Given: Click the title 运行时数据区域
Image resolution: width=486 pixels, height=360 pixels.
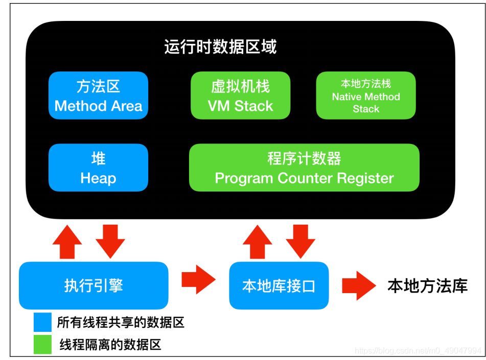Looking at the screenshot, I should (x=220, y=47).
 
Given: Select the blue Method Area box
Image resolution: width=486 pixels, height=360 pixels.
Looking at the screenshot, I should (x=98, y=95).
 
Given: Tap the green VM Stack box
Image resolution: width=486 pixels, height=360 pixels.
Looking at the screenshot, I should (x=240, y=95).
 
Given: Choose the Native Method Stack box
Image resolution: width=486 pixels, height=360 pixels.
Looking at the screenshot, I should (x=366, y=95).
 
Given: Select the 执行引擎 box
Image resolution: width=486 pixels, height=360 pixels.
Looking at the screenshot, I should (x=94, y=285).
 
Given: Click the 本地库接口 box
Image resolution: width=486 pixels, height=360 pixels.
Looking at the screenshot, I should (x=279, y=285).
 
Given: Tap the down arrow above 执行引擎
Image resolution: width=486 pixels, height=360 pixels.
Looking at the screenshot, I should (x=110, y=241).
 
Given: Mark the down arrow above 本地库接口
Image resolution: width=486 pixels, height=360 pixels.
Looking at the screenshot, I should (x=300, y=241).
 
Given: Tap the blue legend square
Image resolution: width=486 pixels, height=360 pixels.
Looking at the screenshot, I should (x=42, y=322).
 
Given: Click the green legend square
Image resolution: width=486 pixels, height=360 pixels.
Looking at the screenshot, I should (x=42, y=344).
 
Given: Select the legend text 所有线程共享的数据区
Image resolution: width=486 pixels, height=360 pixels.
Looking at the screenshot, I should (x=121, y=322).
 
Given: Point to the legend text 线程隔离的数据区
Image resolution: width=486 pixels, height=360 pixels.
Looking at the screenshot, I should (x=110, y=345).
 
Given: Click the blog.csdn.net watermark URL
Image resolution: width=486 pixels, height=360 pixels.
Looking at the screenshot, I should (x=418, y=351).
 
